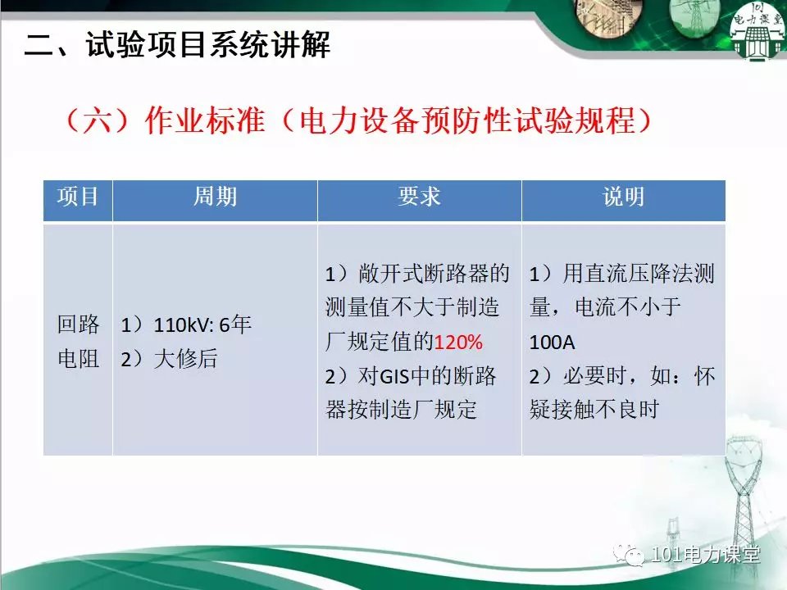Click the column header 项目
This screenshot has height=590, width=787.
coord(77,196)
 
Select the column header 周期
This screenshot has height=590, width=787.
coord(216,196)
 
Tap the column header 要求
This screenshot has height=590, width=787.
coord(419,196)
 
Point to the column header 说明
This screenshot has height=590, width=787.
coord(624,196)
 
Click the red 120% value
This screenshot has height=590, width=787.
coord(458,343)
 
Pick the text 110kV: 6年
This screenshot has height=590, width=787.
coord(202,325)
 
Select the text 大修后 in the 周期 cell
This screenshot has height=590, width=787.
coord(185,359)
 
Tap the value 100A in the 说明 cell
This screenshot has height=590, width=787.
coord(552,343)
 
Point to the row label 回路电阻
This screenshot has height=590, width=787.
coord(78,342)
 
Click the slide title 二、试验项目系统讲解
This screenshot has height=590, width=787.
coord(177,44)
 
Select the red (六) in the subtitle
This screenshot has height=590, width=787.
coord(98,121)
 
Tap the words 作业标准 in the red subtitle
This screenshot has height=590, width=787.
coord(204,121)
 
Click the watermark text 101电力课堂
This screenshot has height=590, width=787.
coord(705,555)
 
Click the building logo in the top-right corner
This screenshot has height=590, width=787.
coord(757,30)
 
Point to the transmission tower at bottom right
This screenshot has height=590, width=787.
coord(742,497)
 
